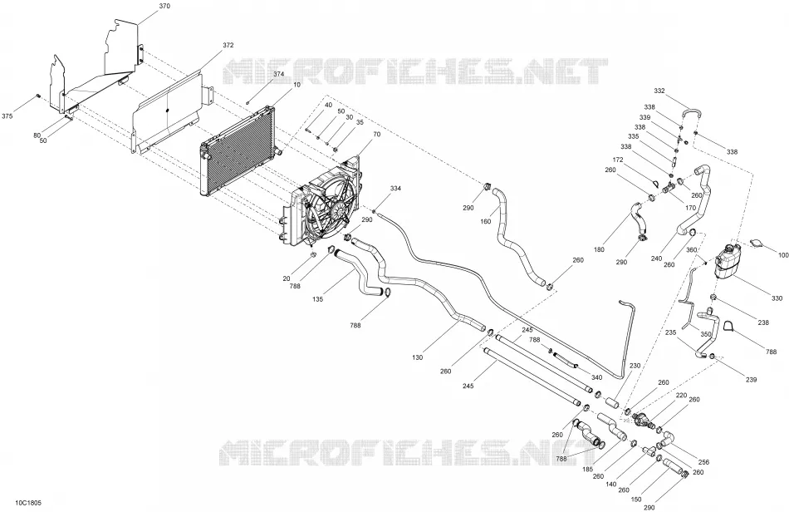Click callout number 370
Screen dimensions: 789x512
pos(164,6)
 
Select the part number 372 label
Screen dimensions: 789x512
pos(228,46)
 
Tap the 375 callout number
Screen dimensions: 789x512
pos(7,116)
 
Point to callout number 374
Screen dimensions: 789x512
pos(279,74)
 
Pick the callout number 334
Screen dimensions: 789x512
pos(395,189)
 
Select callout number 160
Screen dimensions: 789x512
pos(486,222)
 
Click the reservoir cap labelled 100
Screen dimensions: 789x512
pos(757,244)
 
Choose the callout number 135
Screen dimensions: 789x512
pos(317,299)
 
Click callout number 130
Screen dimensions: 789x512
pos(417,358)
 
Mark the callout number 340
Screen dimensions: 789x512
pos(596,377)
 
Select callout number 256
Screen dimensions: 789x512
pos(703,462)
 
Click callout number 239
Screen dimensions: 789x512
pos(751,380)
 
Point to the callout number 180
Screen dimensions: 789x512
pos(599,249)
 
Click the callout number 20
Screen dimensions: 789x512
pos(287,279)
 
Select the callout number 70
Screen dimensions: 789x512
pos(376,135)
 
